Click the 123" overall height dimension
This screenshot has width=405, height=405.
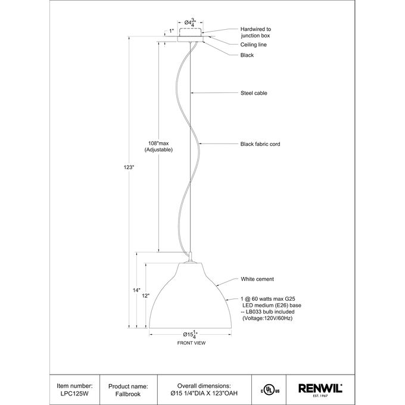click(129, 167)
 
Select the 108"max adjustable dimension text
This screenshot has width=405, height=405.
click(158, 147)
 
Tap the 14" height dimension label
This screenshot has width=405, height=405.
click(136, 290)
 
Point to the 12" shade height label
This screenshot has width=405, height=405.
click(146, 296)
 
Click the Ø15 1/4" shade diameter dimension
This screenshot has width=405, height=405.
click(191, 335)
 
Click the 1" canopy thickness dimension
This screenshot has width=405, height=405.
click(172, 31)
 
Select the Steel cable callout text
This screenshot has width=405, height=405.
click(254, 93)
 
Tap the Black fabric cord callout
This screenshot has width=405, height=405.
click(260, 144)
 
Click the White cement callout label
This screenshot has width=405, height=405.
click(257, 279)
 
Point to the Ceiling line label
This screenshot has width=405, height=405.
click(253, 45)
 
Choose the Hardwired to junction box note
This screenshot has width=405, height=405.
click(256, 32)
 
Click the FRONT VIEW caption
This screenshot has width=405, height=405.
click(191, 343)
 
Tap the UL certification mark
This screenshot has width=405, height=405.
click(270, 391)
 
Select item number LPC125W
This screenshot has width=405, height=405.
click(74, 394)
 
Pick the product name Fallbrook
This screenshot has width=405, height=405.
click(128, 394)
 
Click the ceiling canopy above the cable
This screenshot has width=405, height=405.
click(191, 39)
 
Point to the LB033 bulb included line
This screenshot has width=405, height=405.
click(267, 311)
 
